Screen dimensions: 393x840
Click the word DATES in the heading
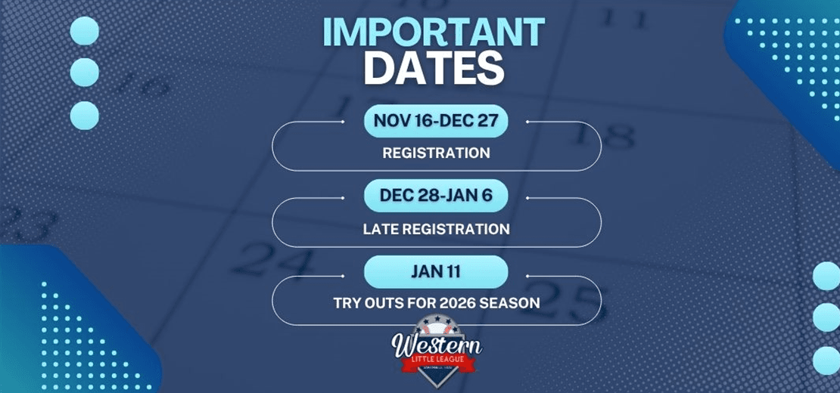pyautogui.click(x=434, y=70)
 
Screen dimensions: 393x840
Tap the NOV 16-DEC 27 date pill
pyautogui.click(x=435, y=121)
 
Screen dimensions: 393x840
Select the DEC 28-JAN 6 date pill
pyautogui.click(x=435, y=196)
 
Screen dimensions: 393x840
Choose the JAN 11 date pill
pyautogui.click(x=435, y=271)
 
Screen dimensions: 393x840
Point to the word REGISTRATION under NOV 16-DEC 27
pyautogui.click(x=436, y=153)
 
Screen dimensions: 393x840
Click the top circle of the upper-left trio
pyautogui.click(x=84, y=31)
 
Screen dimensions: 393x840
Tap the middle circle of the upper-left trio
pyautogui.click(x=84, y=72)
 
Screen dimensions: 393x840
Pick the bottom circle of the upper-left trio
pyautogui.click(x=84, y=115)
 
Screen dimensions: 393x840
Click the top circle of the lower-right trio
pyautogui.click(x=826, y=276)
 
